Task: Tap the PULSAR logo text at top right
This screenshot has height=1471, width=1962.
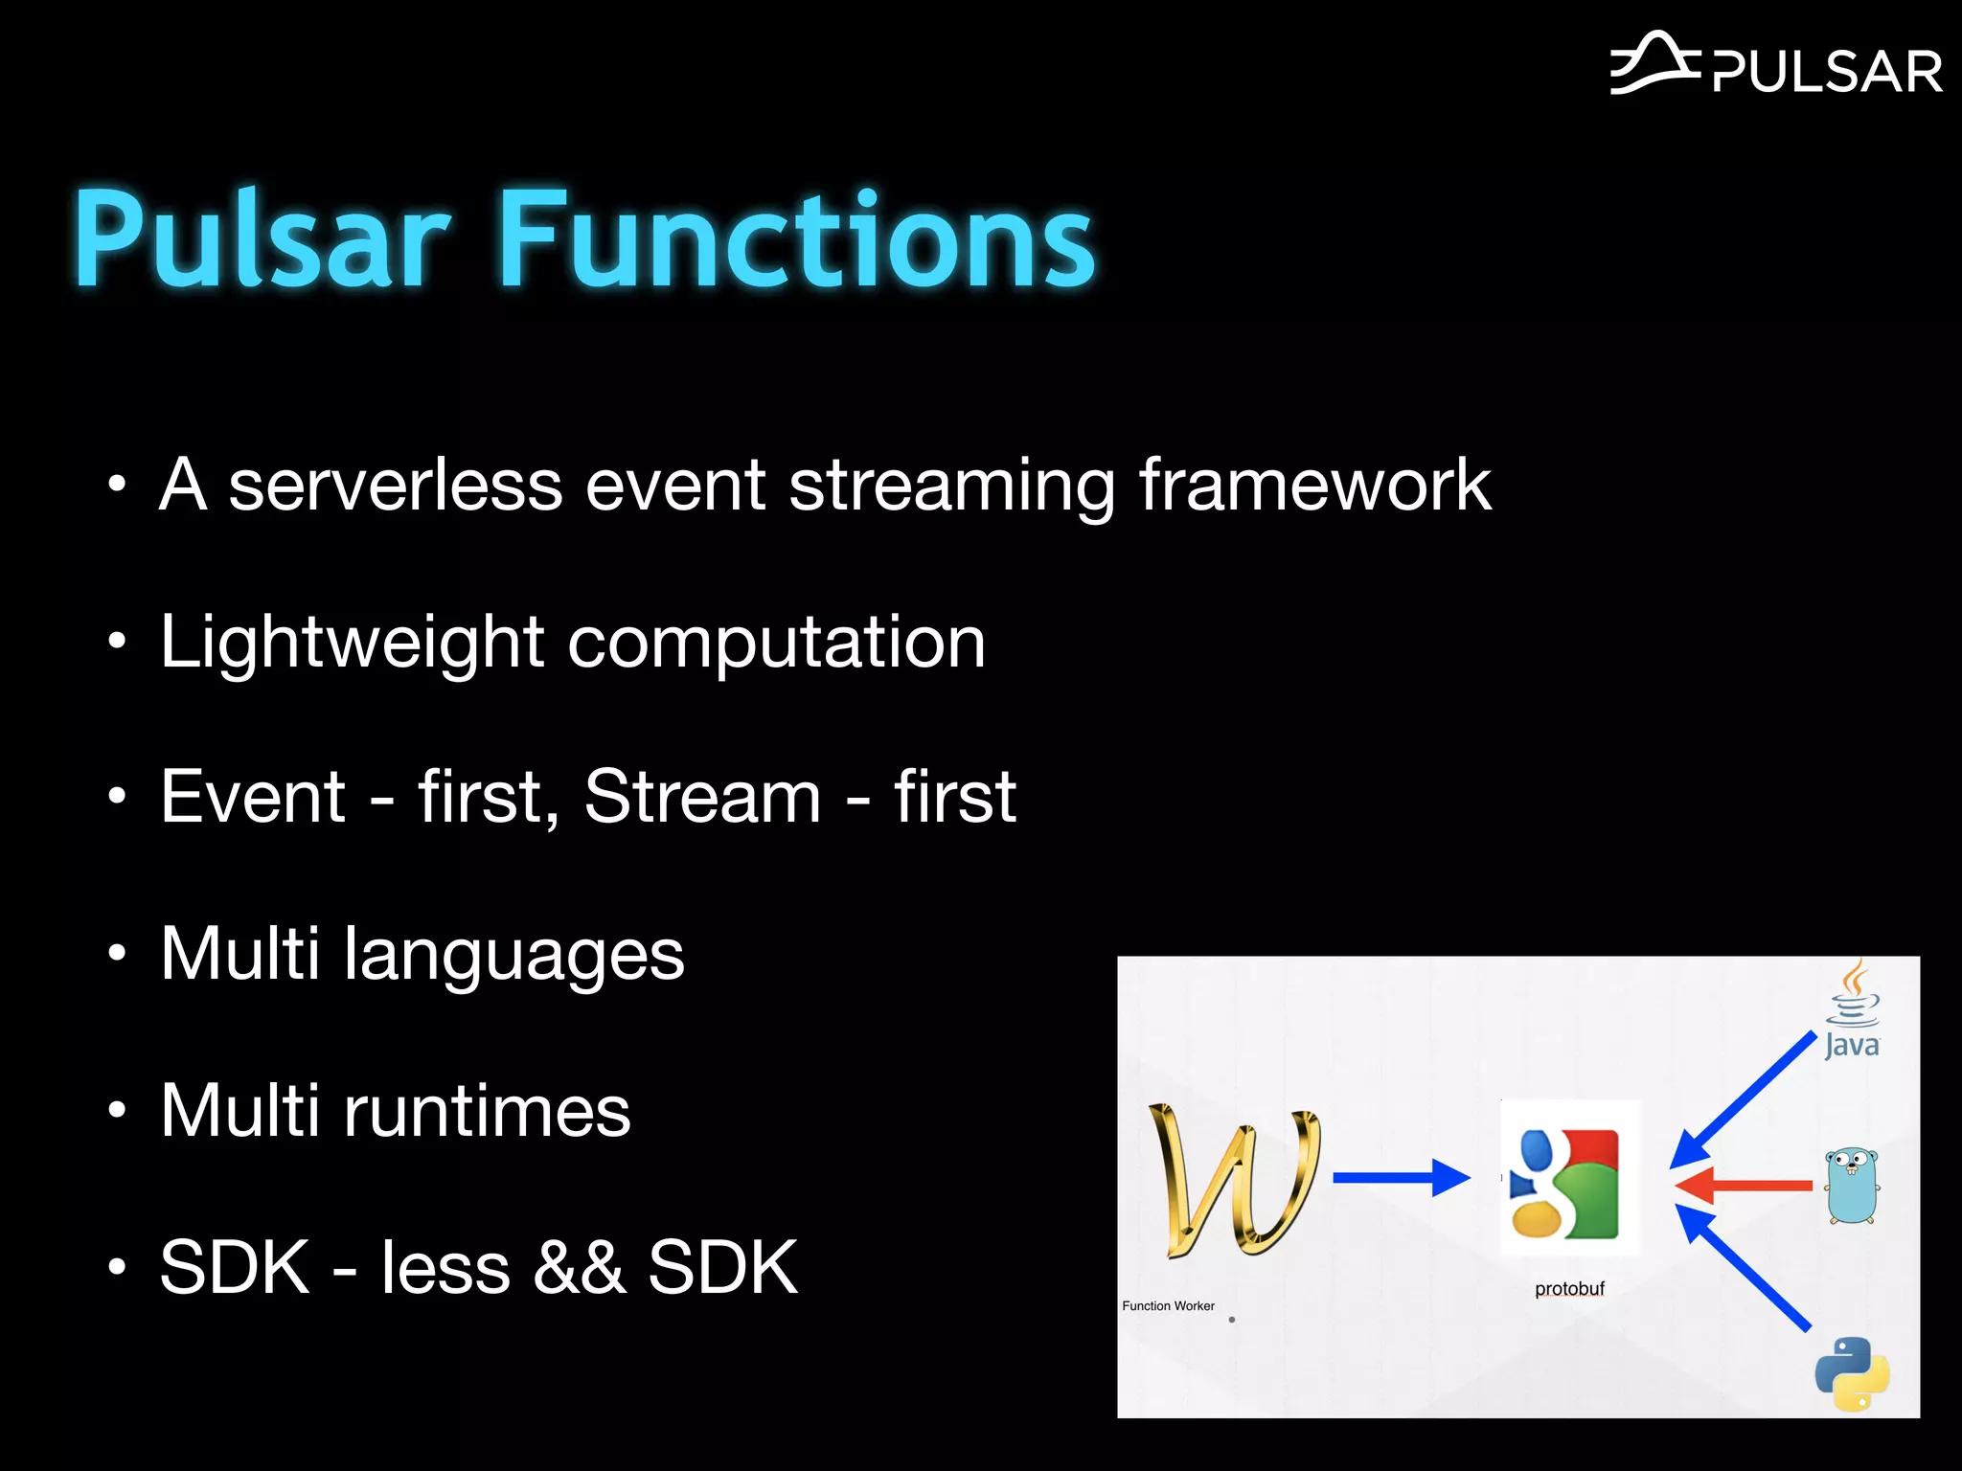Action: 1827,73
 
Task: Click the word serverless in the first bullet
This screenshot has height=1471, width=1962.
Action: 395,486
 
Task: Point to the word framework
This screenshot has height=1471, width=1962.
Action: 1314,486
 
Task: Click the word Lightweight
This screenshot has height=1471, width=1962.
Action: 352,642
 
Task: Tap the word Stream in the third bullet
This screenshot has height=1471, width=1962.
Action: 702,797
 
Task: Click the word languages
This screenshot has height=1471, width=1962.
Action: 513,955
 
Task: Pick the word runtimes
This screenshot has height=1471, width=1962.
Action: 487,1111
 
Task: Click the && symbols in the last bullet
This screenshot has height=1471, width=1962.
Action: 579,1268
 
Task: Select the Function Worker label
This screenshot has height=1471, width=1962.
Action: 1168,1306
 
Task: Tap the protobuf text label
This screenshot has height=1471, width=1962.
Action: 1569,1289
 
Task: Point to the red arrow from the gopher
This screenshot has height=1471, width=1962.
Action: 1744,1186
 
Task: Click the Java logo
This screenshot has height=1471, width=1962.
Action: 1852,1011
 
